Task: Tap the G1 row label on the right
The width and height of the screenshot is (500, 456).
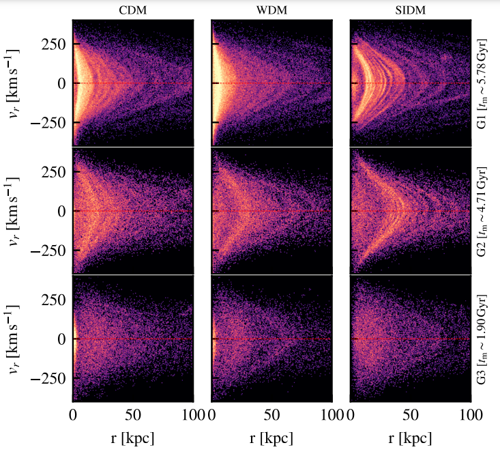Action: (483, 82)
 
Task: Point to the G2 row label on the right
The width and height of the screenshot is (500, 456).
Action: (483, 211)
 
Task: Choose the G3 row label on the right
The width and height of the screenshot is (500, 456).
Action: (483, 339)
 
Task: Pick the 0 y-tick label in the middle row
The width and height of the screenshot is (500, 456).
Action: (62, 211)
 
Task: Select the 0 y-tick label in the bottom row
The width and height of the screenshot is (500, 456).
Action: (62, 339)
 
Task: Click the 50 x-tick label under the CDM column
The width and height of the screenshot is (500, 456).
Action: (133, 414)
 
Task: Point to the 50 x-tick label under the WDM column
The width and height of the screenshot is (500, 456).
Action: (271, 414)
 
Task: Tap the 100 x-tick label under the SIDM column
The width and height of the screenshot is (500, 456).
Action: (469, 414)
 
